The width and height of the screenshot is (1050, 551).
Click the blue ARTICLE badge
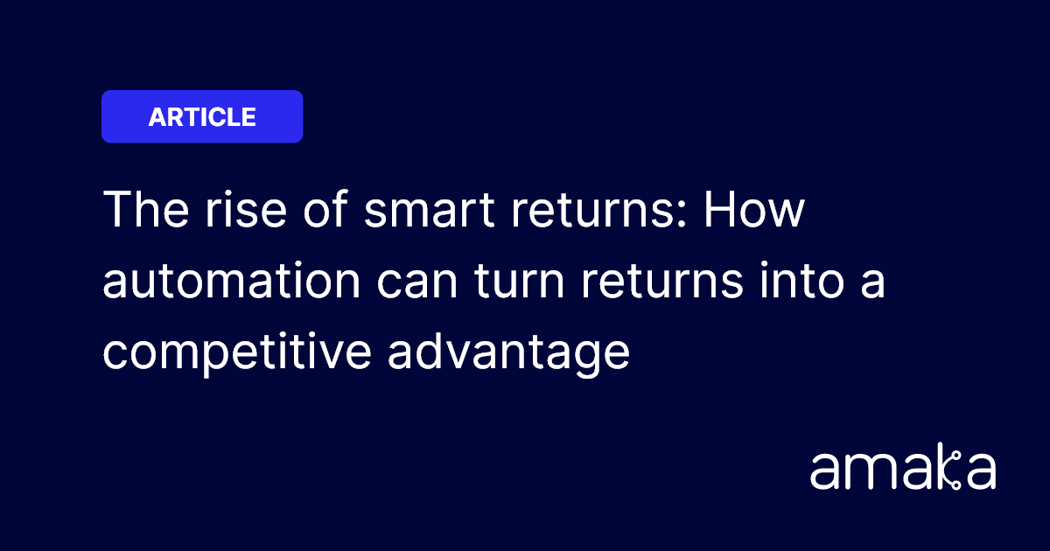pos(202,116)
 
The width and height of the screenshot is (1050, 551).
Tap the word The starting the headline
pos(143,211)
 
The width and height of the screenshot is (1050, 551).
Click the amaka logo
pos(903,470)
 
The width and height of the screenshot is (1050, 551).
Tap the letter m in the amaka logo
pos(875,473)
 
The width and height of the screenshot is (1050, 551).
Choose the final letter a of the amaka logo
pos(980,473)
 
